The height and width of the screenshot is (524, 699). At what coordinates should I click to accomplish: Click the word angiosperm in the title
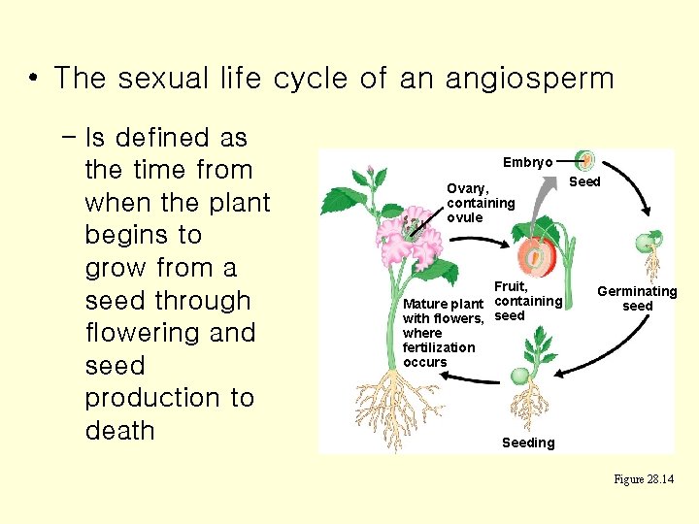click(529, 78)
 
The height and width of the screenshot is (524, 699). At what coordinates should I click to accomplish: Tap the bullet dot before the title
click(34, 78)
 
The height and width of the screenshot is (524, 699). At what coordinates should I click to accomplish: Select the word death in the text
click(120, 431)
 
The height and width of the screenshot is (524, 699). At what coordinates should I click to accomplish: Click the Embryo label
click(528, 162)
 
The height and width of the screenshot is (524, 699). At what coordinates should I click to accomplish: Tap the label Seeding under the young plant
click(528, 442)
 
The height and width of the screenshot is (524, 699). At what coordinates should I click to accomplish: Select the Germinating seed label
click(637, 299)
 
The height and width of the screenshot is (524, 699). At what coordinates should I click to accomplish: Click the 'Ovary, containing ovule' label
click(480, 203)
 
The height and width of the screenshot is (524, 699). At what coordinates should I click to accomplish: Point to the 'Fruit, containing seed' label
click(527, 301)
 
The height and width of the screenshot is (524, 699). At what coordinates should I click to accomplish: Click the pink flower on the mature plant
click(409, 239)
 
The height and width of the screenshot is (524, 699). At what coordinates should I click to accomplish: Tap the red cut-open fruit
click(534, 257)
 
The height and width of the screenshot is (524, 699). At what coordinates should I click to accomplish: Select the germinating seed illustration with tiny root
click(648, 247)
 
